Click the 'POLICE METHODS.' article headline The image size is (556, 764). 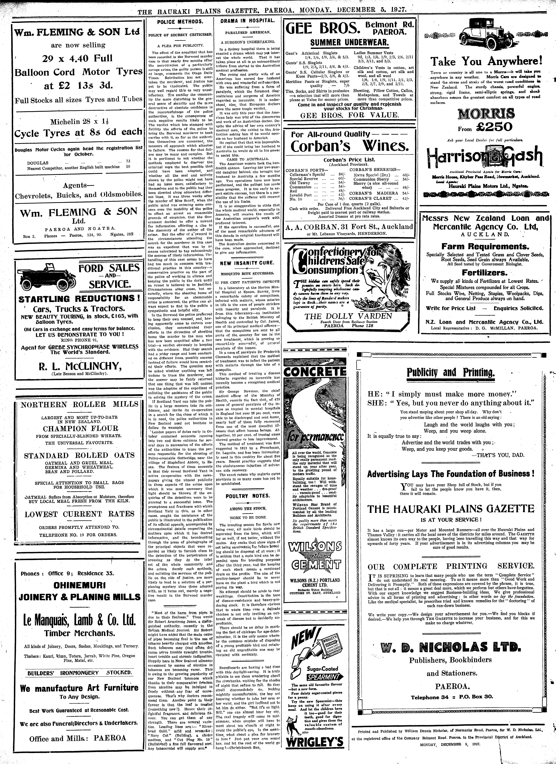coord(180,22)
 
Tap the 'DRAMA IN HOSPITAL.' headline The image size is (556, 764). coord(247,21)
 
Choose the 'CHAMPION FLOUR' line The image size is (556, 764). coord(81,428)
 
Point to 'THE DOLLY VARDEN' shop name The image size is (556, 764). coord(348,316)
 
